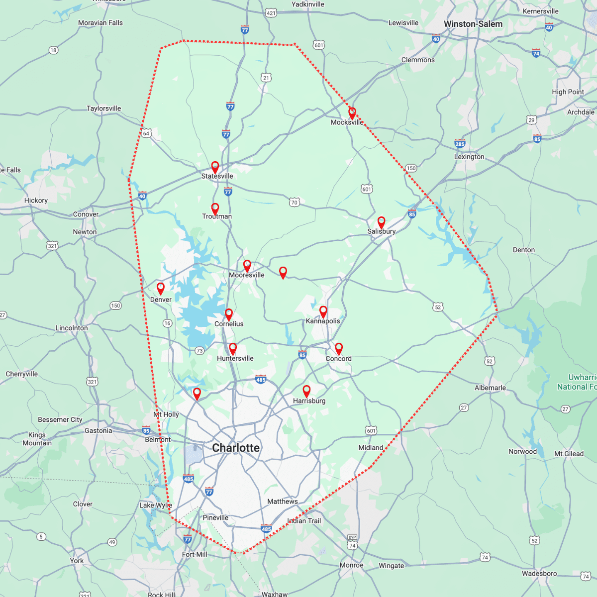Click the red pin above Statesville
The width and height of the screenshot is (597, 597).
tap(215, 167)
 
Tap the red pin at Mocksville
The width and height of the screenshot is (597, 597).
tap(352, 112)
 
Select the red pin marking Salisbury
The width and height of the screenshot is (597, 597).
tap(381, 222)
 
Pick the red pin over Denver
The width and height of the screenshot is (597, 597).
tap(161, 288)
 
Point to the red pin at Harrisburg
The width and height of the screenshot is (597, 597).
tap(306, 391)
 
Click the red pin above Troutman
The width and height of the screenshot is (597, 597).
tap(215, 208)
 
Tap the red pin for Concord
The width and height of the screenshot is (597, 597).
tap(338, 348)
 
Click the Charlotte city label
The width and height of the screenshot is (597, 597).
tap(236, 448)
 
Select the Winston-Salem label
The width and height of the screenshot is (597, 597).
tap(473, 24)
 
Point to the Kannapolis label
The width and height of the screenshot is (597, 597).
tap(323, 321)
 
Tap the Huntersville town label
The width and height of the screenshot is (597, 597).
tap(235, 358)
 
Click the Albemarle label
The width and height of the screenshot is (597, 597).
tap(490, 388)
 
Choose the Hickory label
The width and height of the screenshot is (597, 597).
tap(36, 200)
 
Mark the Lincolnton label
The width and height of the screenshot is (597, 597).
tap(72, 328)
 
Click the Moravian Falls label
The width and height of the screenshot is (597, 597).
tap(100, 23)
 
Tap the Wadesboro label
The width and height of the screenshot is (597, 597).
tap(539, 573)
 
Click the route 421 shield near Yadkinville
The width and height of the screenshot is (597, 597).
tap(271, 13)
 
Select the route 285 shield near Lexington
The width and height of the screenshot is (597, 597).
tap(460, 144)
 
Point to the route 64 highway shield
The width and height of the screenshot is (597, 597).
tap(146, 133)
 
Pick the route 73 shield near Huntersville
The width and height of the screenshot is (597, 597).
tap(199, 351)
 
